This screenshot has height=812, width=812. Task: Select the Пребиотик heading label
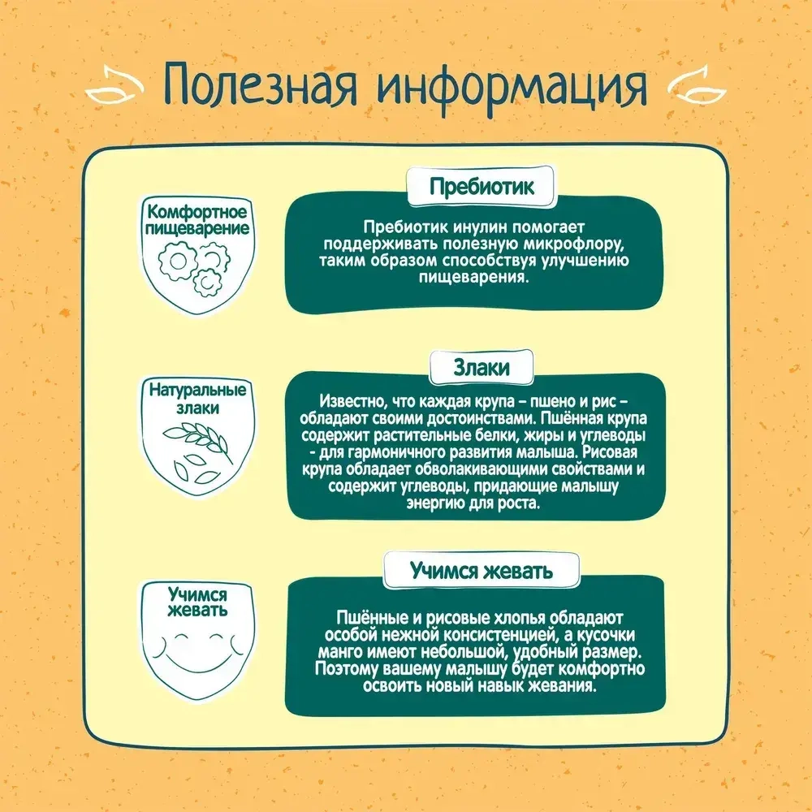pyautogui.click(x=482, y=187)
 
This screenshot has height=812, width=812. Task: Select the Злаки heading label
pyautogui.click(x=482, y=368)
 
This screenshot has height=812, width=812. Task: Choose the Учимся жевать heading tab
pyautogui.click(x=482, y=570)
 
